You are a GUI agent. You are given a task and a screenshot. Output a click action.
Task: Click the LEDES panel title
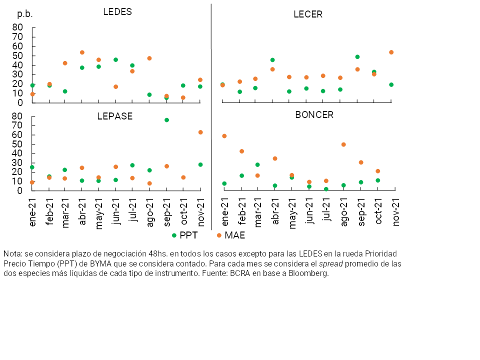click(117, 12)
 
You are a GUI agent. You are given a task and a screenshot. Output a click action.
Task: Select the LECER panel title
click(308, 14)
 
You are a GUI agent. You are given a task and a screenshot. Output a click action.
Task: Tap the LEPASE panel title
click(115, 116)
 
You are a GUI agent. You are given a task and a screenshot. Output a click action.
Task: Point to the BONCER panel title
click(314, 114)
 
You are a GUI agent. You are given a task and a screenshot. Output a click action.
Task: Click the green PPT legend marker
click(174, 235)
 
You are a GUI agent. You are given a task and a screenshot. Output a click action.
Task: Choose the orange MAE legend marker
click(219, 235)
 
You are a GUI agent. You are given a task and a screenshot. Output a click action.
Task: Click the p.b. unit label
click(25, 14)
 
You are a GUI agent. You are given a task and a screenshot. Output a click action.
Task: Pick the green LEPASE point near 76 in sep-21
click(166, 120)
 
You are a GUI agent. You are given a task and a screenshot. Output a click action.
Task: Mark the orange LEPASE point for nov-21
click(200, 132)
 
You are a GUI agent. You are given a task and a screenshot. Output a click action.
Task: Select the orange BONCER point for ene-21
click(224, 136)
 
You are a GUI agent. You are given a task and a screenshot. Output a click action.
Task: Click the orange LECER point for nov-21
click(391, 52)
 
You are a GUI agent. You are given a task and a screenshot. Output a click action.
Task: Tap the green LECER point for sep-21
click(357, 57)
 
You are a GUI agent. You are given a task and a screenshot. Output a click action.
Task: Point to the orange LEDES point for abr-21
click(82, 52)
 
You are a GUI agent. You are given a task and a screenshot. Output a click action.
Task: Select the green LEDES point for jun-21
click(115, 60)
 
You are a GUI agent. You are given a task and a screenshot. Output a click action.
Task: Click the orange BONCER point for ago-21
click(343, 144)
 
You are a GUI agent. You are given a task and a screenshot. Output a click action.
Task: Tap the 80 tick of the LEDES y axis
click(17, 27)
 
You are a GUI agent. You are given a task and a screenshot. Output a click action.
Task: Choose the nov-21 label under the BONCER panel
click(395, 212)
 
